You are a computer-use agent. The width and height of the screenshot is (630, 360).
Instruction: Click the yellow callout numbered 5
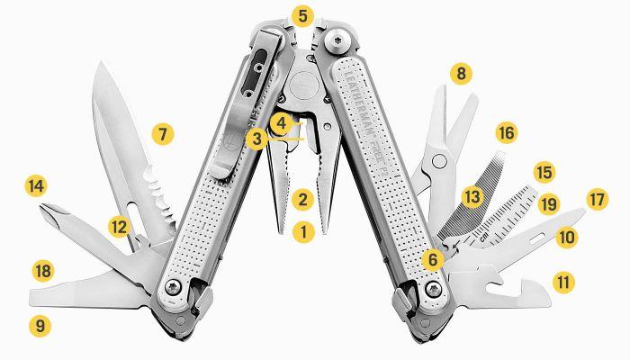302,16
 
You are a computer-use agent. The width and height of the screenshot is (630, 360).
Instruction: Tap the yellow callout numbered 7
163,134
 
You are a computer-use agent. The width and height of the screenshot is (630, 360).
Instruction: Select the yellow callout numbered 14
36,186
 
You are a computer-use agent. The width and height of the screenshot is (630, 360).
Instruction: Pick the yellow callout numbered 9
40,325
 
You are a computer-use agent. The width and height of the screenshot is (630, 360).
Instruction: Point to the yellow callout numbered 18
43,271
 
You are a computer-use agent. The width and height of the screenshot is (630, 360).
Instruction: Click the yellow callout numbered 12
120,227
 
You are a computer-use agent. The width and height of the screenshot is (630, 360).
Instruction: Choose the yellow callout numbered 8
461,74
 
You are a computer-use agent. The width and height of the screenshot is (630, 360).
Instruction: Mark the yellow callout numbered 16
506,132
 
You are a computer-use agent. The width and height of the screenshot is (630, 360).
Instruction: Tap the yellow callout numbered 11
563,282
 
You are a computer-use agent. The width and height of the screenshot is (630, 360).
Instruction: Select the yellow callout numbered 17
598,200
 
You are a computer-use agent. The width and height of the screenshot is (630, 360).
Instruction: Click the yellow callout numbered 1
303,232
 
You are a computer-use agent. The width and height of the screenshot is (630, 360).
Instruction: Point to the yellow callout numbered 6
432,259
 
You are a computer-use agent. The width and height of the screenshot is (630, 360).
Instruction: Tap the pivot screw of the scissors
439,161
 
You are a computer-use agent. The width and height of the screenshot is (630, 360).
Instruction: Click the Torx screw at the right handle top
337,41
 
